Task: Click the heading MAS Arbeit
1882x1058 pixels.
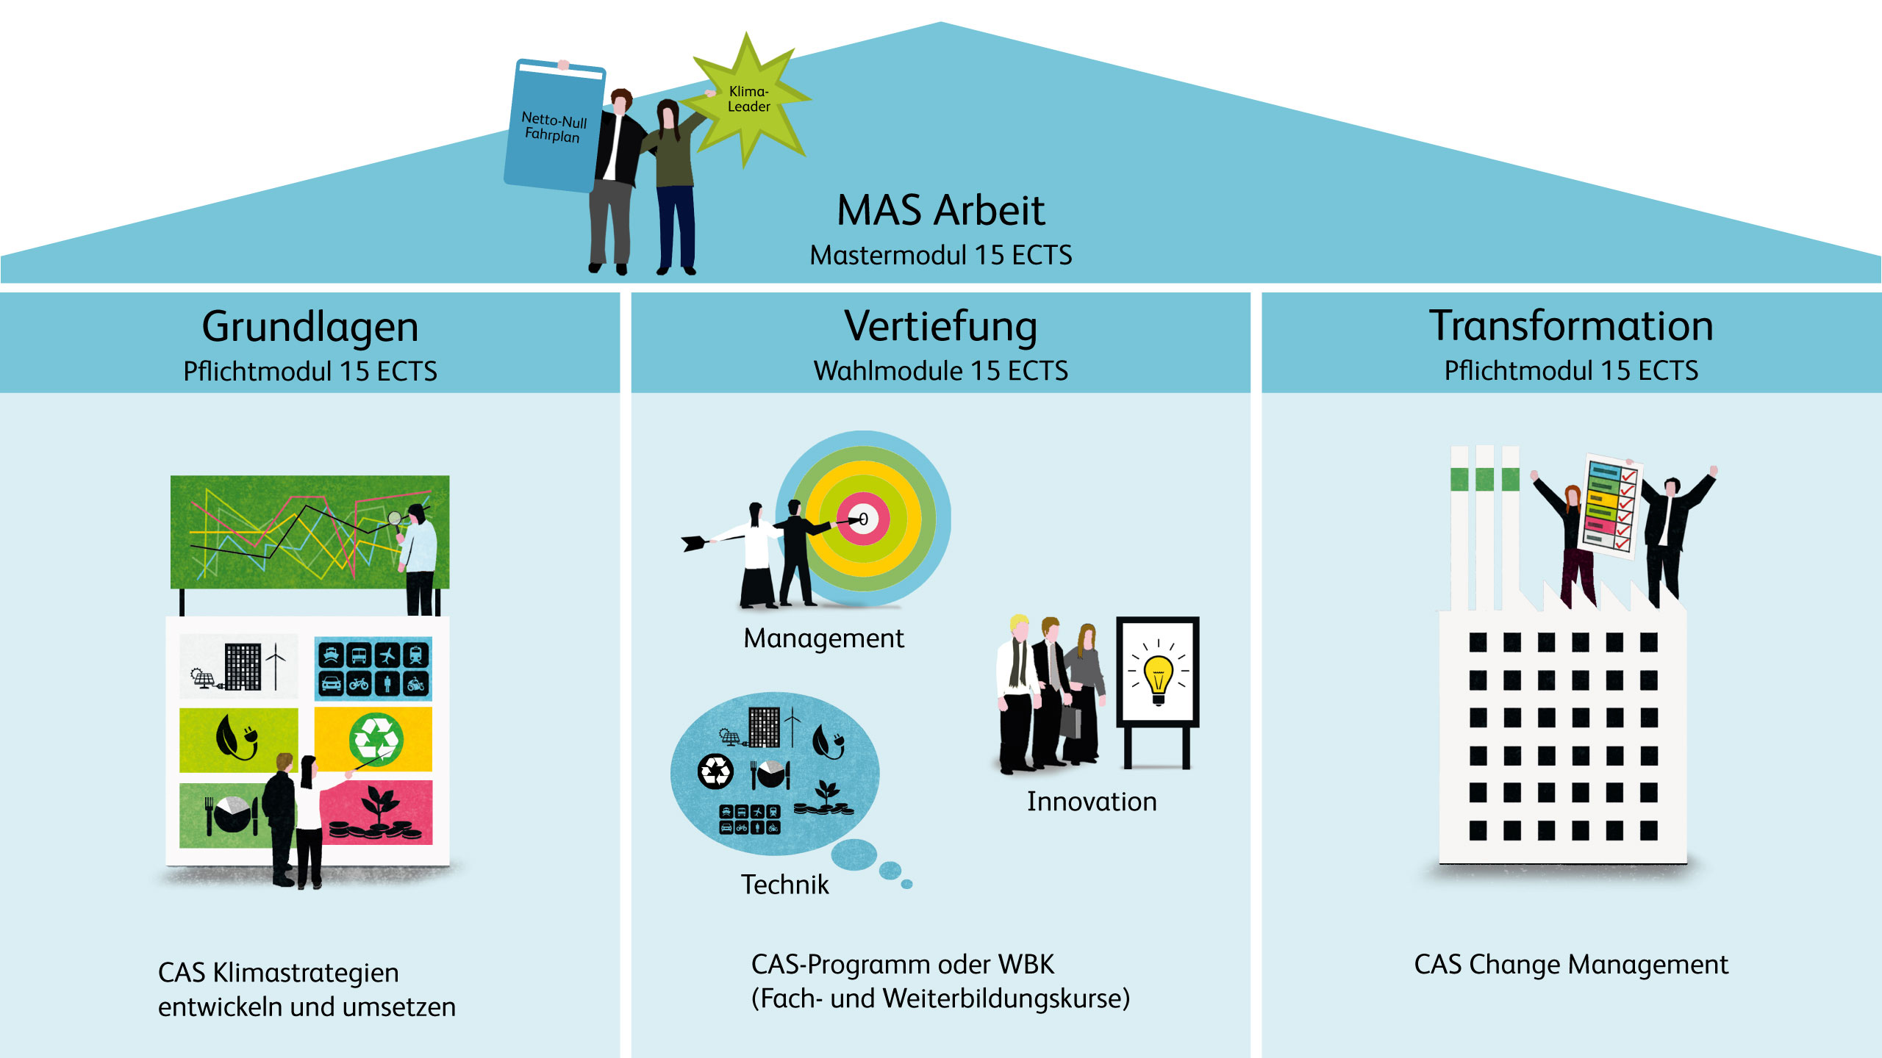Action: tap(940, 211)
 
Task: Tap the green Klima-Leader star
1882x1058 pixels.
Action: tap(748, 99)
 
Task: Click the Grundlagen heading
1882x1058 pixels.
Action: tap(310, 327)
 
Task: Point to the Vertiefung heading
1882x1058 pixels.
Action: tap(940, 327)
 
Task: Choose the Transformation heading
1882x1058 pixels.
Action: tap(1571, 326)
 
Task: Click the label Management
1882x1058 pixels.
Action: tap(823, 638)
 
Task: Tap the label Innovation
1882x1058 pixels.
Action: tap(1092, 802)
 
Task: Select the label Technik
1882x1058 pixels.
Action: tap(784, 885)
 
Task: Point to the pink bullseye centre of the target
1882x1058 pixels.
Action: tap(863, 519)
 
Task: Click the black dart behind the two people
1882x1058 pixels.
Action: tap(695, 543)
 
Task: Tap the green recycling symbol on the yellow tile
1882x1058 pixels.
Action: tap(376, 739)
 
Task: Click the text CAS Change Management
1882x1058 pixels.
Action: tap(1571, 965)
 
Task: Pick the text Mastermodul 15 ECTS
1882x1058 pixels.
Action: tap(940, 256)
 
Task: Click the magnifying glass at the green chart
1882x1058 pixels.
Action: tap(395, 519)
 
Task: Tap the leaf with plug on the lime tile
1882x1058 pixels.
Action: tap(235, 737)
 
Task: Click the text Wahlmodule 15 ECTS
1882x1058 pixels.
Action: tap(940, 371)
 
